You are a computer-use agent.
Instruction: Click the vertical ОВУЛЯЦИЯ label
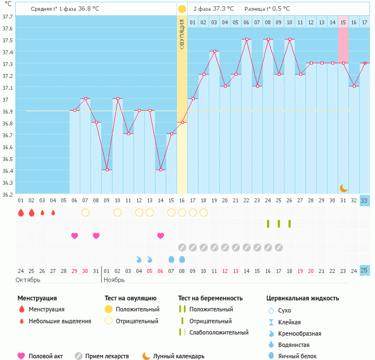point(182,34)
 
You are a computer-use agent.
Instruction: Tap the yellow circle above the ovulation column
point(182,9)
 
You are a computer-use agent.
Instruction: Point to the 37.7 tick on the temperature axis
point(7,16)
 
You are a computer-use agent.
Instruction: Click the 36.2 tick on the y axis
point(7,195)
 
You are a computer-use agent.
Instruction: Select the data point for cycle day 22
point(247,39)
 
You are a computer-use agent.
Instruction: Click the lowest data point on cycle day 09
point(107,170)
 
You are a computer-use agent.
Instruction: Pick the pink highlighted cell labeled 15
point(343,22)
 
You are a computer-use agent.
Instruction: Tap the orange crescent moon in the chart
point(343,188)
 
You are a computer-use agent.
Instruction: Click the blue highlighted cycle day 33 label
point(365,201)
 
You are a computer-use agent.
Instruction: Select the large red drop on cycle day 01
point(21,212)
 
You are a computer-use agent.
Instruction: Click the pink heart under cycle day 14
point(161,236)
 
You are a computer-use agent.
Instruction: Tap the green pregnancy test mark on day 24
point(268,224)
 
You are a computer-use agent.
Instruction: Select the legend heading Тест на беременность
point(210,298)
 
